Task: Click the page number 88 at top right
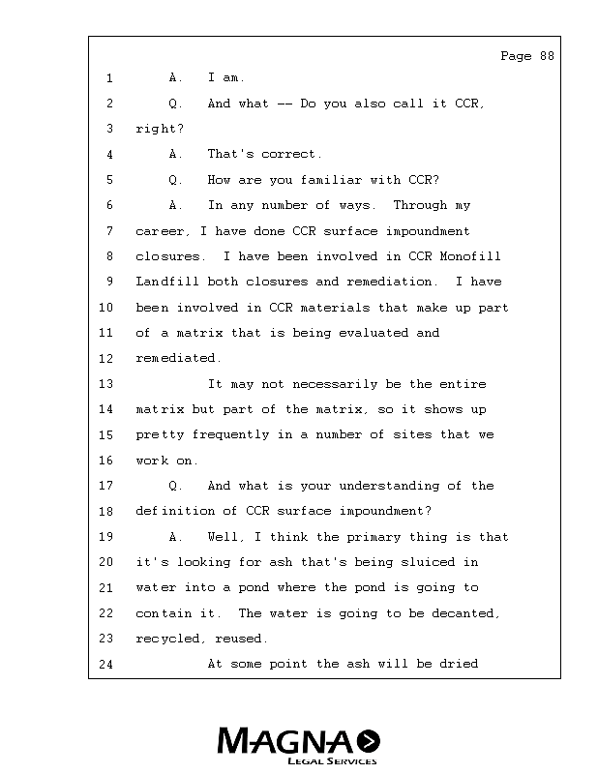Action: pyautogui.click(x=547, y=56)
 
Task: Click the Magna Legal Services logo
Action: pyautogui.click(x=298, y=746)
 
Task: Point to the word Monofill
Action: pyautogui.click(x=470, y=256)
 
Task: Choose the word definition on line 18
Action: pyautogui.click(x=173, y=511)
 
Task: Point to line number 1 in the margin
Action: pyautogui.click(x=109, y=78)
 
